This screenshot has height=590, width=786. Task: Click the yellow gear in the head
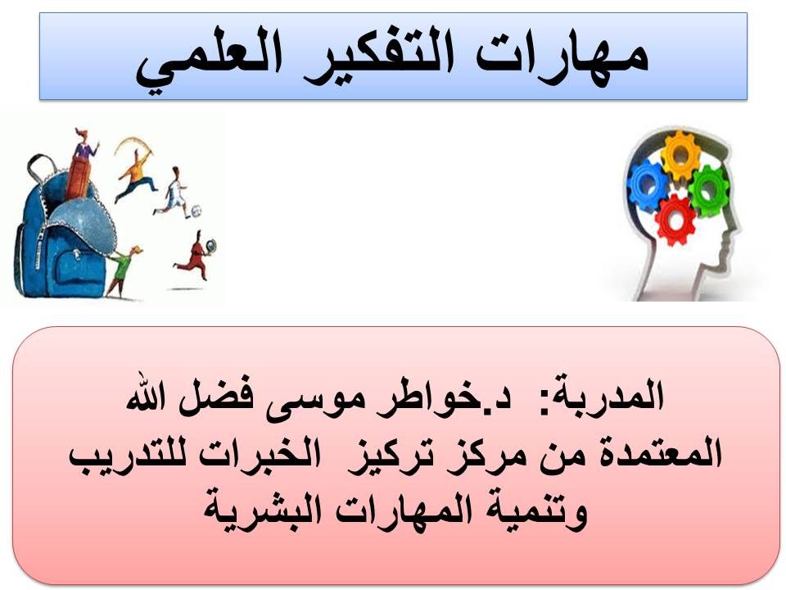coord(680,156)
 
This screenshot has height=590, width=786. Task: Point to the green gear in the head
coord(707,190)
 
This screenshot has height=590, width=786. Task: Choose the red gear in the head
coord(675,220)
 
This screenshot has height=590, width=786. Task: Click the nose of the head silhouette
coord(736,232)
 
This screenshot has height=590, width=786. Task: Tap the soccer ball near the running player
coord(196,211)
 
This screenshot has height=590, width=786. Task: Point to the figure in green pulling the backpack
coord(121,271)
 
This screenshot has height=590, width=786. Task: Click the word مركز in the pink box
coord(481,455)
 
